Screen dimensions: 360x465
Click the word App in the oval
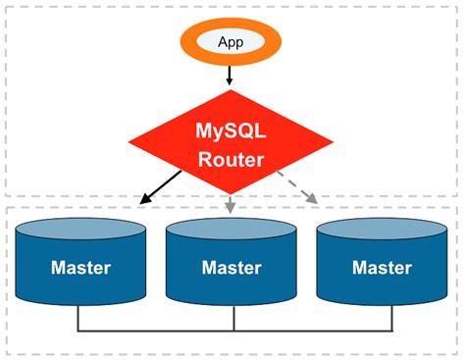coord(231,42)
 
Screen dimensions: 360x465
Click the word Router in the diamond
coord(232,159)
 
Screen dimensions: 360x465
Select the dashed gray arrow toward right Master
coord(297,188)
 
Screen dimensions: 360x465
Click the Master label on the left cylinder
coord(80,268)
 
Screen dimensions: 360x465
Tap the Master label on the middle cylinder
coord(232,268)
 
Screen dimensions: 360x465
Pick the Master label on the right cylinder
coord(383,268)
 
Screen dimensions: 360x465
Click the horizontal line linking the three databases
coord(157,331)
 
